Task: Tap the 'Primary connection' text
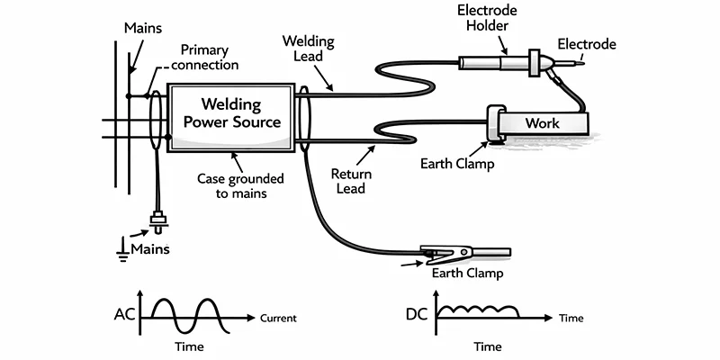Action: coord(210,58)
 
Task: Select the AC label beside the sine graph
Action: coord(125,316)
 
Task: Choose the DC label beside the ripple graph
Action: coord(418,316)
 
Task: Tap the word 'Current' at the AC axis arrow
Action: coord(278,318)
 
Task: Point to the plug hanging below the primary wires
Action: coord(160,220)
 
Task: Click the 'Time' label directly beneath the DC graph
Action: coord(487,346)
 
